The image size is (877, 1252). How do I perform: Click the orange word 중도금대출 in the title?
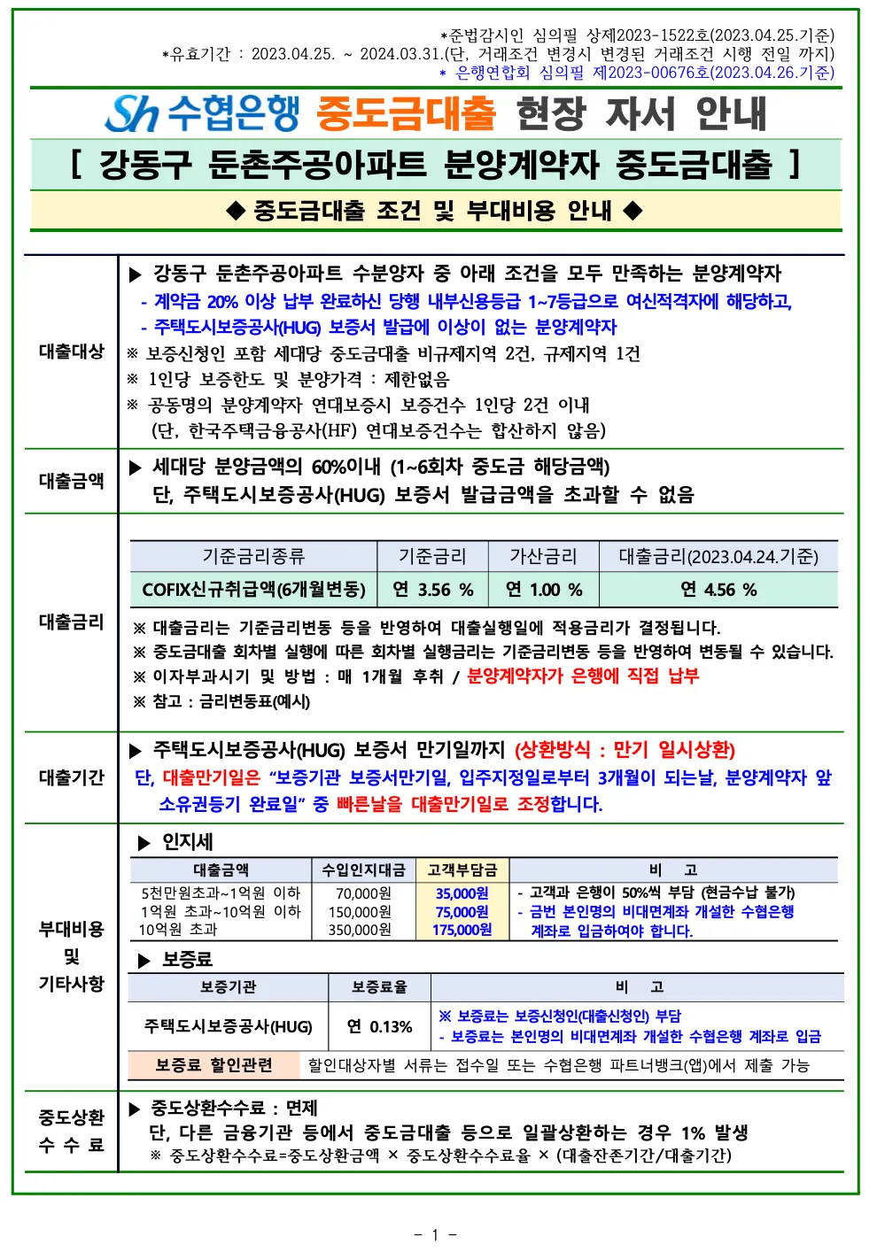point(406,112)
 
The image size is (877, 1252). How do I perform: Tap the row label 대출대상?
point(72,352)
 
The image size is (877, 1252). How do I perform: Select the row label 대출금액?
point(72,481)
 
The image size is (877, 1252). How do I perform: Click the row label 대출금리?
point(72,622)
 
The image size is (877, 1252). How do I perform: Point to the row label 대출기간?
point(72,777)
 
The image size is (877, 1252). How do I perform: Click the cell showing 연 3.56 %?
point(433,590)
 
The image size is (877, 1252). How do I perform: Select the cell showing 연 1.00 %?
point(544,590)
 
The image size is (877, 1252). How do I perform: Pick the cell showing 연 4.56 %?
point(718,590)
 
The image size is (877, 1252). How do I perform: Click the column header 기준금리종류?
point(253,556)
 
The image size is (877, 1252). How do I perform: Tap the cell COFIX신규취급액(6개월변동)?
point(253,590)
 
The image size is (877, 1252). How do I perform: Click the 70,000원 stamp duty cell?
point(363,893)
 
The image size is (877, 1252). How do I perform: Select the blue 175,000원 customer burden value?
point(462,930)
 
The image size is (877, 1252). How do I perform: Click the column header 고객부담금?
point(462,869)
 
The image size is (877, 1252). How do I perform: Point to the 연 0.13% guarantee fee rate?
point(379,1026)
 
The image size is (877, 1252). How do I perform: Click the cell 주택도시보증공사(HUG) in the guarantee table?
point(229,1026)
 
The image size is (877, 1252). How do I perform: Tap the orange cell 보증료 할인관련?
point(213,1064)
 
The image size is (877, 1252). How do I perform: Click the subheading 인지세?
point(187,842)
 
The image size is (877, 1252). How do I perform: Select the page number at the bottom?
point(435,1234)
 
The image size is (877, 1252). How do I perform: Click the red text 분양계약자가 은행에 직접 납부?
point(583,676)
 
